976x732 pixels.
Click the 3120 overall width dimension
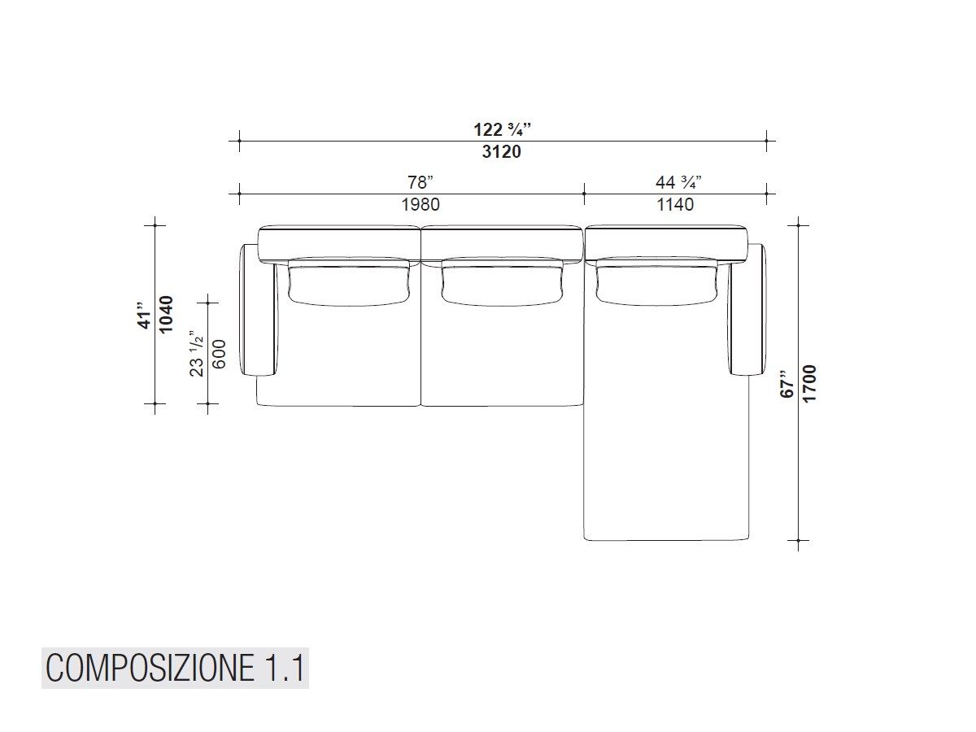point(501,151)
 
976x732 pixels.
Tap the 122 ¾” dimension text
point(502,129)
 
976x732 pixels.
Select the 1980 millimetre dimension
point(420,204)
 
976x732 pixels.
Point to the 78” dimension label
point(420,182)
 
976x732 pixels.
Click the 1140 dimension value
point(675,204)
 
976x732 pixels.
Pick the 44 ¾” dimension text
point(678,182)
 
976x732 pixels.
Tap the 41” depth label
point(146,315)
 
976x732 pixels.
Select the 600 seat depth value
point(218,353)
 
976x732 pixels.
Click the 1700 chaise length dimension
point(809,382)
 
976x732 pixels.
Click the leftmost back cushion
point(348,282)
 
